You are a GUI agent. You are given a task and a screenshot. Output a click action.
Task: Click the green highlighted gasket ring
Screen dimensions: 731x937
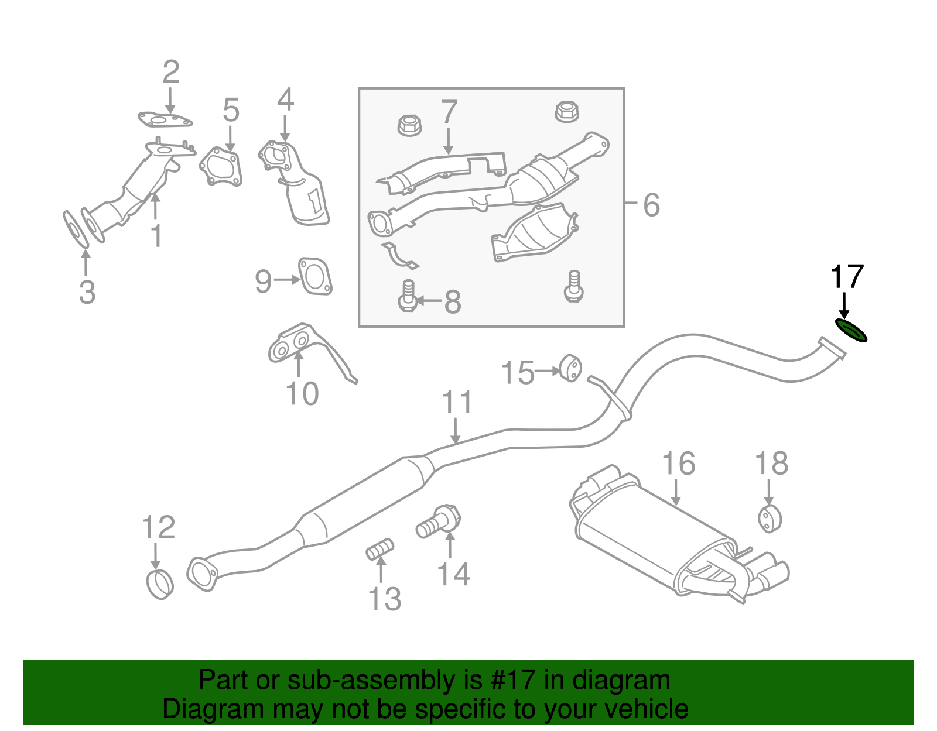coord(850,331)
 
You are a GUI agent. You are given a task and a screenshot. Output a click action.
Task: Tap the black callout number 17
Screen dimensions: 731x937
coord(847,277)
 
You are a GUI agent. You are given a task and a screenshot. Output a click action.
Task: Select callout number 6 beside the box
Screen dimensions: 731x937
coord(651,205)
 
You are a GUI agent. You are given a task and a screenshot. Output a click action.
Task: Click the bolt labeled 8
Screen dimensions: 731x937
coord(408,296)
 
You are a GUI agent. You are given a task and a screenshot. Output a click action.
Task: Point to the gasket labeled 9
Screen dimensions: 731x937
coord(315,276)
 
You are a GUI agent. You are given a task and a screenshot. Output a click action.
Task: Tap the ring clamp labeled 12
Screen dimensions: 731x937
coord(159,584)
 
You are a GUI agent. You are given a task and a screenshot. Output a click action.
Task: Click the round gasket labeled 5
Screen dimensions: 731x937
coord(221,167)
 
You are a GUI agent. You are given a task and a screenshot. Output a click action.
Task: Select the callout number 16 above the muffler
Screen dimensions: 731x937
coord(678,464)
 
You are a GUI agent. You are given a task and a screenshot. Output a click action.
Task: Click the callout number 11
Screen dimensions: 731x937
coord(457,403)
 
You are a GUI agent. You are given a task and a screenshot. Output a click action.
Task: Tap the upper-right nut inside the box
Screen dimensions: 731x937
coord(566,111)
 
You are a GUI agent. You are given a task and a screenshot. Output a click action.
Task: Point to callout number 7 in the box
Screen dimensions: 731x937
coord(449,112)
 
